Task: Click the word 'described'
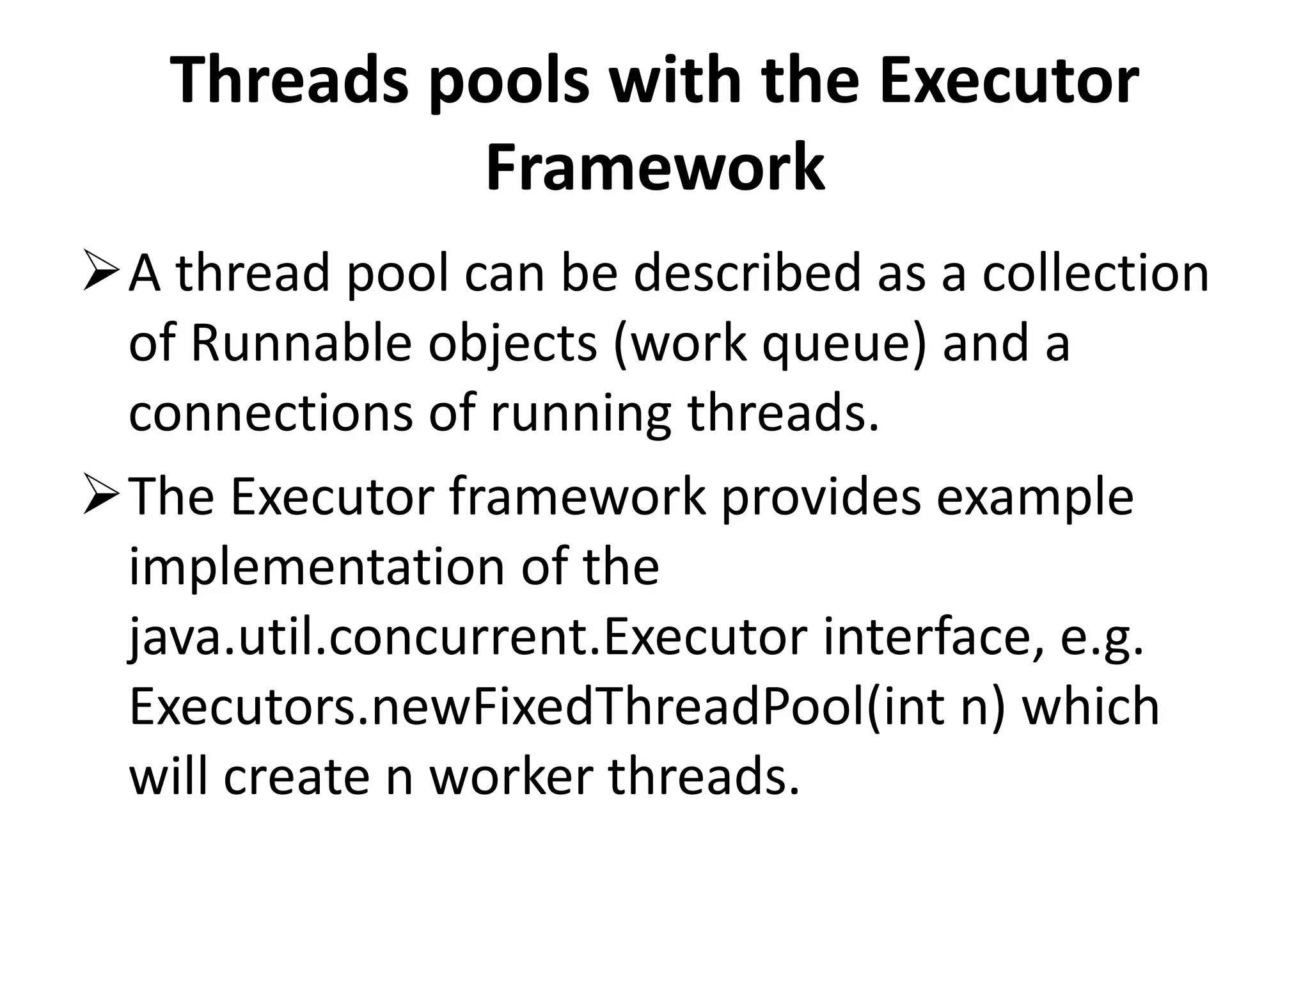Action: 747,274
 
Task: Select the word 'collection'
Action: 1095,274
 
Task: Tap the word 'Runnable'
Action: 301,344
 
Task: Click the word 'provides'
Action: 821,497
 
